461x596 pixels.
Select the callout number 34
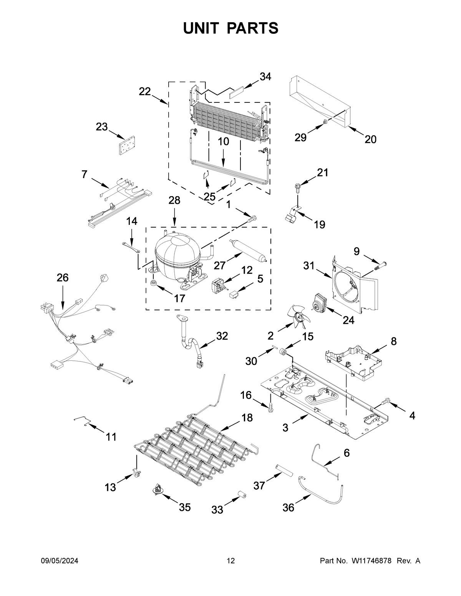(x=265, y=77)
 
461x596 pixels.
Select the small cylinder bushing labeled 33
(x=242, y=495)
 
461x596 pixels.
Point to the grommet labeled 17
(x=154, y=284)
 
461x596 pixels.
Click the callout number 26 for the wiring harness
(x=63, y=278)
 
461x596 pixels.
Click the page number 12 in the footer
(x=230, y=561)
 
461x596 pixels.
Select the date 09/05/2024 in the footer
(x=60, y=561)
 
